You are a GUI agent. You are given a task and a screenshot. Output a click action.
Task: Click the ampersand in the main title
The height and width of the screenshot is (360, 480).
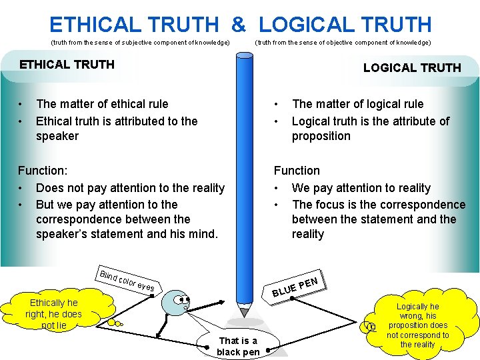click(x=238, y=25)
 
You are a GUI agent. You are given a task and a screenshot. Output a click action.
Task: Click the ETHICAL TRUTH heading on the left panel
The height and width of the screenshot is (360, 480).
click(x=67, y=65)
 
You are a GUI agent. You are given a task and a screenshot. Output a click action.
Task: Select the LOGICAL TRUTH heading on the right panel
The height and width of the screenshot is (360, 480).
click(x=411, y=67)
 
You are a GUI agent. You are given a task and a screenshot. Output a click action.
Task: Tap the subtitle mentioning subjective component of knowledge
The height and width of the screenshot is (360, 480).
click(x=140, y=43)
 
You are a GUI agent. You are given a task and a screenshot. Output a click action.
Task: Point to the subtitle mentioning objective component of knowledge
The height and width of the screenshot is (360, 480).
click(x=343, y=43)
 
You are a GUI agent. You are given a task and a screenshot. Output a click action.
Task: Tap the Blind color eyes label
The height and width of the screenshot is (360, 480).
click(x=127, y=281)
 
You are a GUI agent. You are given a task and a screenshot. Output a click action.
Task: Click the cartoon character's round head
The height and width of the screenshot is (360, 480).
click(x=179, y=303)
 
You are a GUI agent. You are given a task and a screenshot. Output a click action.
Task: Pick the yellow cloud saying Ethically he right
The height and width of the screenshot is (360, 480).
click(x=53, y=313)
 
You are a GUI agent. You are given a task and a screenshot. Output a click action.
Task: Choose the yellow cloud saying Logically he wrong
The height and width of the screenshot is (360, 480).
click(x=417, y=325)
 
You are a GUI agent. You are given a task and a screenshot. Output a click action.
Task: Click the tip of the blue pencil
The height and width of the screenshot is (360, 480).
click(x=245, y=313)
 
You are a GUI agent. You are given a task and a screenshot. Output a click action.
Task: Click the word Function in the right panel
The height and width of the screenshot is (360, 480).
click(x=297, y=171)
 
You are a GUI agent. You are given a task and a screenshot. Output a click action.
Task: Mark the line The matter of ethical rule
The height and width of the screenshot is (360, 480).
click(x=102, y=104)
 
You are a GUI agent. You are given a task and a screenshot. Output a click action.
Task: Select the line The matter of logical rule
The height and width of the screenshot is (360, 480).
click(x=357, y=104)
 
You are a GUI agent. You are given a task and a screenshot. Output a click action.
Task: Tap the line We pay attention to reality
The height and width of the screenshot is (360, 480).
click(x=361, y=188)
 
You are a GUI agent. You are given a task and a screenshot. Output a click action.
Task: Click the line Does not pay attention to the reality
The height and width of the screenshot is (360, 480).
click(x=130, y=188)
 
